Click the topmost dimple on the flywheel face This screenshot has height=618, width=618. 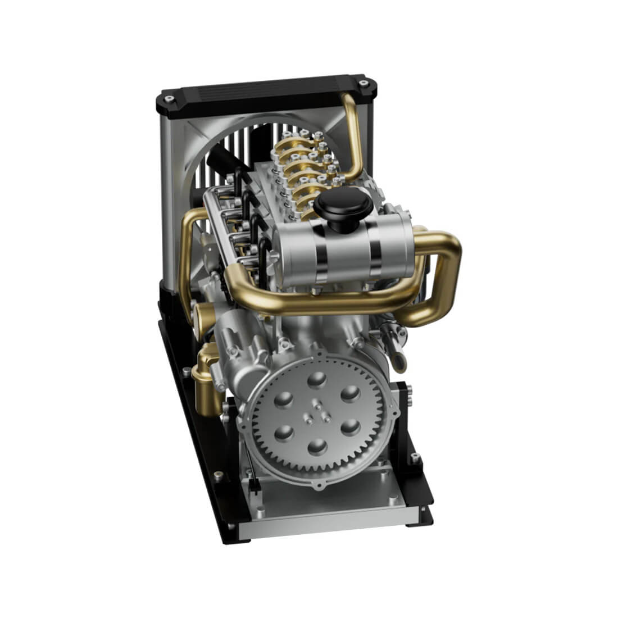pyautogui.click(x=319, y=380)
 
